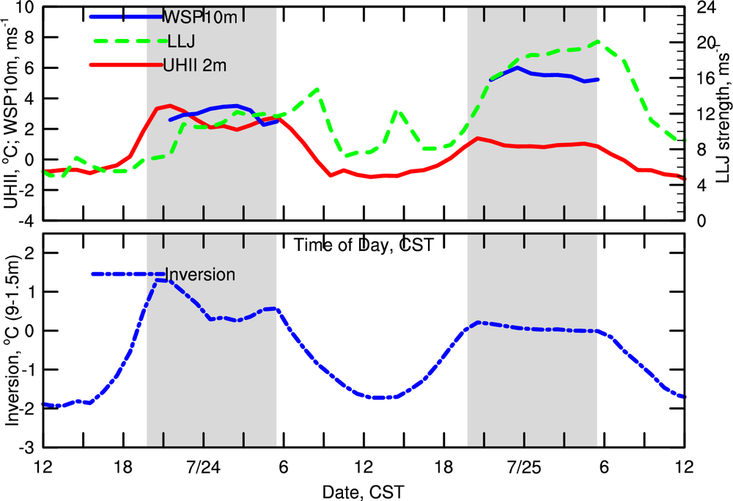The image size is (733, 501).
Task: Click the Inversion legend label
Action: coord(200,274)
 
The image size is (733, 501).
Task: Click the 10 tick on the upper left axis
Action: coord(25,8)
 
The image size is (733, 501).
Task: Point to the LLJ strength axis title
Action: coord(723,110)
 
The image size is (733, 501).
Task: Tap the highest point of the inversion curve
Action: coord(158,279)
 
